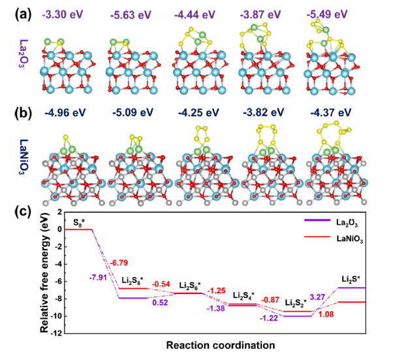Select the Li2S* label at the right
[x=354, y=280]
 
